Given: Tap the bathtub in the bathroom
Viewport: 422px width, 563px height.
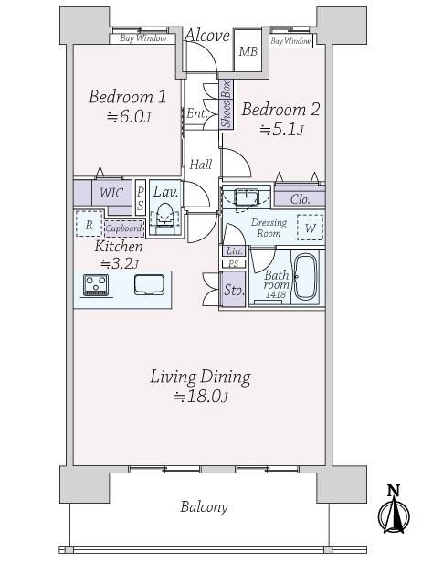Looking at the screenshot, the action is click(305, 277).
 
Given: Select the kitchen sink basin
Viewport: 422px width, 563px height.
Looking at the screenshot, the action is click(149, 285).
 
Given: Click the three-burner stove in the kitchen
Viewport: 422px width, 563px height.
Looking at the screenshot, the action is click(96, 285).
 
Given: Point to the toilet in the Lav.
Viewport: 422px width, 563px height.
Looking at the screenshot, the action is click(164, 216).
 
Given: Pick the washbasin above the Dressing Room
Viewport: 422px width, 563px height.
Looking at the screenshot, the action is click(247, 197).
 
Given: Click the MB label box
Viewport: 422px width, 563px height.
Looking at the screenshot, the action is click(248, 51).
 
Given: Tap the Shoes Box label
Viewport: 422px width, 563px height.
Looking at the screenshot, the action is click(227, 104).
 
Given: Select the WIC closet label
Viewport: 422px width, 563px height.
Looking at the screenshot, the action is click(111, 193).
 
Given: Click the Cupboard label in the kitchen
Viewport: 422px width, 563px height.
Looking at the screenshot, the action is click(124, 228).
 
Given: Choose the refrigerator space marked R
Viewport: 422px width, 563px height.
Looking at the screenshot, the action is click(89, 224).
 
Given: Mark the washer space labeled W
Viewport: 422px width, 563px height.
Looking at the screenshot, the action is click(311, 228).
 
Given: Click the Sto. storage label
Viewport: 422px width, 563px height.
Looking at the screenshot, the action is click(234, 290).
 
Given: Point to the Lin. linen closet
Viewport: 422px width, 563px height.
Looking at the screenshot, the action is click(235, 251).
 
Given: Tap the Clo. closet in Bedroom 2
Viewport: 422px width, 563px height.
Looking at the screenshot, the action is click(300, 199).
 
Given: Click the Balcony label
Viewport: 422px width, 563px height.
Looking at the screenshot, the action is click(205, 507).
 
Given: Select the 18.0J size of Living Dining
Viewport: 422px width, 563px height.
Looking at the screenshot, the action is click(201, 396).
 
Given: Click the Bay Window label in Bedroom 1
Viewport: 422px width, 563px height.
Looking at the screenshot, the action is click(143, 38).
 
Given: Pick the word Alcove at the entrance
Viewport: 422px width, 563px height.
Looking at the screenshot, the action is click(207, 36).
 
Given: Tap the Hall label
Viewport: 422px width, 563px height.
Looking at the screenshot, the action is click(201, 165).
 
